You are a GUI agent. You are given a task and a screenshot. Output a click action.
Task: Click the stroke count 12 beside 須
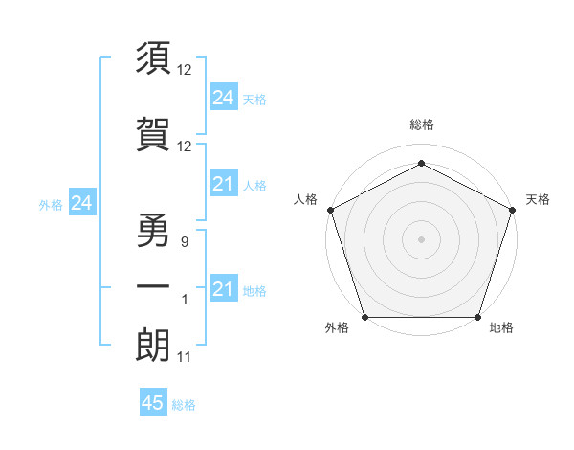185,70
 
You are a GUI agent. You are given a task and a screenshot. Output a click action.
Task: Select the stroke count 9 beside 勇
185,242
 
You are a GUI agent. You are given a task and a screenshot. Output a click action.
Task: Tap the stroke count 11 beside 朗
185,357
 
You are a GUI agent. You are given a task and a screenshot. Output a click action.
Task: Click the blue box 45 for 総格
153,403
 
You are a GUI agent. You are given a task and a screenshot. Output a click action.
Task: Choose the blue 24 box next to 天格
223,97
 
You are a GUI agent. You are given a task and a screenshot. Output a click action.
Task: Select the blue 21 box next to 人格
223,184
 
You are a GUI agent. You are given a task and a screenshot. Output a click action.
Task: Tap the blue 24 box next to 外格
81,203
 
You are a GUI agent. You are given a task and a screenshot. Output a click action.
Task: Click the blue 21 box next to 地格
223,289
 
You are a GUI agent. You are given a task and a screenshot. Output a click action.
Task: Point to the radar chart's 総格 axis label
422,125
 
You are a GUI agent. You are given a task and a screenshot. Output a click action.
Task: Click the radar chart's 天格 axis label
538,199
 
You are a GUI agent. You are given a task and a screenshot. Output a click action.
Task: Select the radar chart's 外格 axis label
337,327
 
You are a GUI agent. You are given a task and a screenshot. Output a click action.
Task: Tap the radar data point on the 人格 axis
330,209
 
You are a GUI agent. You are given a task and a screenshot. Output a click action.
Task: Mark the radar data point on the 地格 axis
478,317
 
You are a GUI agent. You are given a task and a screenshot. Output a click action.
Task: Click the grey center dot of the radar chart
422,238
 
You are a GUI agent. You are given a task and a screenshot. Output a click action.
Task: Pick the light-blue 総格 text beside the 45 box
184,405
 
